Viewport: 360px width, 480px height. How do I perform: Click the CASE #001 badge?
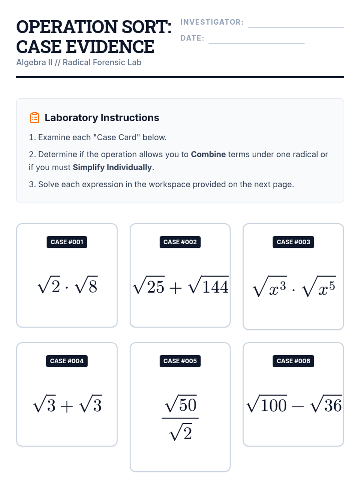(x=67, y=242)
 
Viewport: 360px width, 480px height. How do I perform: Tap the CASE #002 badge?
(x=180, y=242)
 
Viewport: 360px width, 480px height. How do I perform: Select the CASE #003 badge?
(x=293, y=242)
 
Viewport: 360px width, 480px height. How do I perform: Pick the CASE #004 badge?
(x=67, y=361)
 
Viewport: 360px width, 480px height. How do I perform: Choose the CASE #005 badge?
(x=180, y=361)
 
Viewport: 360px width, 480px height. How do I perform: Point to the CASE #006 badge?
(x=293, y=361)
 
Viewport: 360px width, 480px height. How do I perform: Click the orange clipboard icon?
(x=34, y=118)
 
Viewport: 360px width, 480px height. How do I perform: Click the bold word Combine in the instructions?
(x=208, y=154)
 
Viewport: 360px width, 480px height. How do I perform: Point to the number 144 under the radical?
(x=215, y=287)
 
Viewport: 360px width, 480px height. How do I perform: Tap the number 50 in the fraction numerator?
(x=187, y=405)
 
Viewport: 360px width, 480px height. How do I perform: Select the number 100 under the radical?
(x=274, y=406)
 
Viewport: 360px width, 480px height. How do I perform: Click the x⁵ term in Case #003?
(x=326, y=288)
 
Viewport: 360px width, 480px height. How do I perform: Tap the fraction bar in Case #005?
(x=180, y=418)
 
